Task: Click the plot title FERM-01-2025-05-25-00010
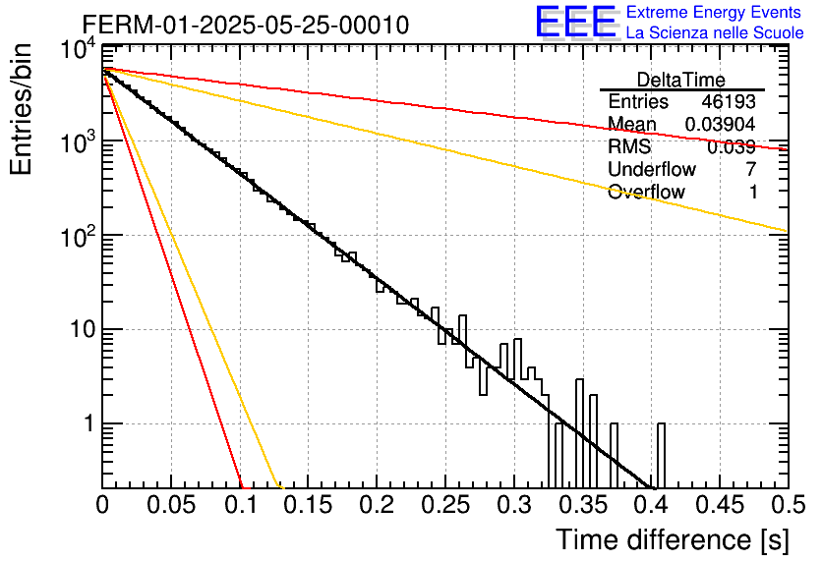point(246,25)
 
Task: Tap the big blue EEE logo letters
point(575,22)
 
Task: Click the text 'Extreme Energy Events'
point(714,12)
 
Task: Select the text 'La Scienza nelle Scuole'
point(715,32)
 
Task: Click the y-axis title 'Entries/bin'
point(21,109)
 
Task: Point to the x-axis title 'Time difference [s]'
point(673,539)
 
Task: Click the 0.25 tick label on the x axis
point(445,505)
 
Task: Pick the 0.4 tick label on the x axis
point(651,505)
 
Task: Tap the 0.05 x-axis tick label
point(171,505)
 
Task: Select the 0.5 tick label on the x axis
point(789,505)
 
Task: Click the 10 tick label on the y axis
point(83,330)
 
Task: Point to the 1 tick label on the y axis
point(89,423)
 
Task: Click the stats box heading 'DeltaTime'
point(681,80)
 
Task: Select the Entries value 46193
point(729,101)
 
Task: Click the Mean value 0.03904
point(721,124)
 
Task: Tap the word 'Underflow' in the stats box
point(652,169)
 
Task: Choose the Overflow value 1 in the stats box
point(753,192)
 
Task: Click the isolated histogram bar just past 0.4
point(661,456)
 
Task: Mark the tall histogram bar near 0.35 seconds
point(579,433)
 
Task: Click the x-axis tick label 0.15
point(309,505)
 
